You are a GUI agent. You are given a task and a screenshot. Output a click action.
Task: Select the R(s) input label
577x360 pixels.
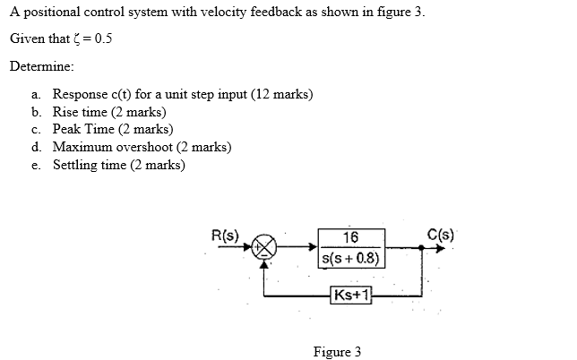[x=224, y=236]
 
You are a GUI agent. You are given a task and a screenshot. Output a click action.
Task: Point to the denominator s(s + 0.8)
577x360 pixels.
[x=350, y=261]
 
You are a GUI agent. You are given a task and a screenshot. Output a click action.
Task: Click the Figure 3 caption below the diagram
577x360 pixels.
[x=337, y=351]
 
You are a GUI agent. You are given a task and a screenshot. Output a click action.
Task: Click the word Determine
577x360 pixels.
[x=40, y=67]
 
